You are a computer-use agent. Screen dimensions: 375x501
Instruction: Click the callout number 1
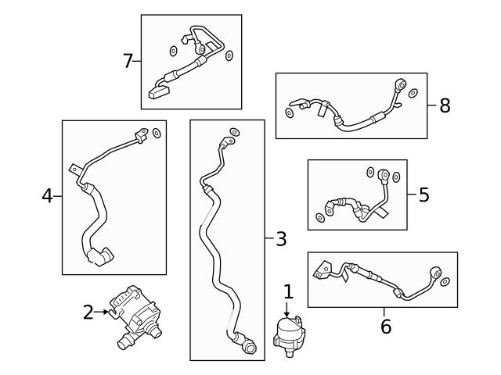click(x=288, y=292)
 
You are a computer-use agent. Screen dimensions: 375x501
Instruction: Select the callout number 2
click(x=88, y=312)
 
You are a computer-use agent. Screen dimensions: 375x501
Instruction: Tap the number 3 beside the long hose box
click(x=281, y=239)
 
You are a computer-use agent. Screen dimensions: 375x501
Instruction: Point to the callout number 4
click(x=47, y=196)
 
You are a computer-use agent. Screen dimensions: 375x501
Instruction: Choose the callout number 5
click(x=424, y=195)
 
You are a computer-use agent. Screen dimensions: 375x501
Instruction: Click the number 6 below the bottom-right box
click(x=385, y=327)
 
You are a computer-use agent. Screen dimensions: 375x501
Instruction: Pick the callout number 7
click(x=128, y=61)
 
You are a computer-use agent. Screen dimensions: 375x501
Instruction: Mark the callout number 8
click(x=445, y=105)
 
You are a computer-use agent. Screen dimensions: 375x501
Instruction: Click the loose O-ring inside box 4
click(x=156, y=134)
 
